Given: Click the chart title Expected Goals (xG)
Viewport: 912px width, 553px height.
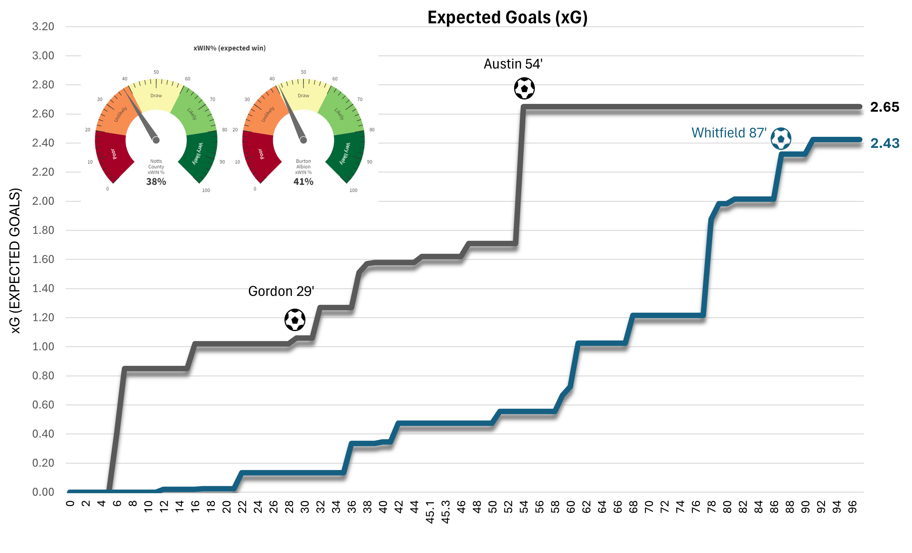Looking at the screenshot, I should tap(507, 18).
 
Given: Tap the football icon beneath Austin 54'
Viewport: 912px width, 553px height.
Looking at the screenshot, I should tap(524, 88).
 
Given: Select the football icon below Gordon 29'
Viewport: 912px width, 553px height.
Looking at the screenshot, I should tap(295, 320).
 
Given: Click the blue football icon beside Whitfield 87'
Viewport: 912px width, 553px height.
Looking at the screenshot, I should tap(781, 139).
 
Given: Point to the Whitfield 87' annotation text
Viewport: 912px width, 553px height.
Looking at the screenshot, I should tap(728, 133).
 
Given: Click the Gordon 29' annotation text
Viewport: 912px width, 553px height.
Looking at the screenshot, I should tap(281, 291).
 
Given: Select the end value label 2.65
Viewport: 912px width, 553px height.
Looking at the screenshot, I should tap(884, 107).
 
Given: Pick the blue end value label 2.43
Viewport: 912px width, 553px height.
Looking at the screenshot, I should tap(884, 143).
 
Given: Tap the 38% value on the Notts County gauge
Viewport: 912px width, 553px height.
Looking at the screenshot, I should tap(156, 182).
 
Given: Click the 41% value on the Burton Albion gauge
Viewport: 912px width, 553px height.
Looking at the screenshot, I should tap(303, 182).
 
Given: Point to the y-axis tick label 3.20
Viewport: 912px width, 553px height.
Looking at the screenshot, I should tap(43, 26).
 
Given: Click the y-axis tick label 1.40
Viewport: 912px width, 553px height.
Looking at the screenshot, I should tap(43, 288).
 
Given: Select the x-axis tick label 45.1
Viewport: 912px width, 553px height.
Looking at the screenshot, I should tap(430, 512).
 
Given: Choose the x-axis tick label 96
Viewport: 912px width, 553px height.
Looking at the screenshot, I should tap(852, 507).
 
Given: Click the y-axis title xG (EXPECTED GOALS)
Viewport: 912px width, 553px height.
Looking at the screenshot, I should tap(15, 261).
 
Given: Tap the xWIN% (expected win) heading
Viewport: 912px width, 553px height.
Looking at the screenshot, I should tap(229, 48).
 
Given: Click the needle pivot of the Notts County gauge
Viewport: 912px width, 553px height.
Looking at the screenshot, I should tap(156, 140).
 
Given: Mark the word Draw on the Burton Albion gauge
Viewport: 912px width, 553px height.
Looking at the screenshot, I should tap(303, 95).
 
